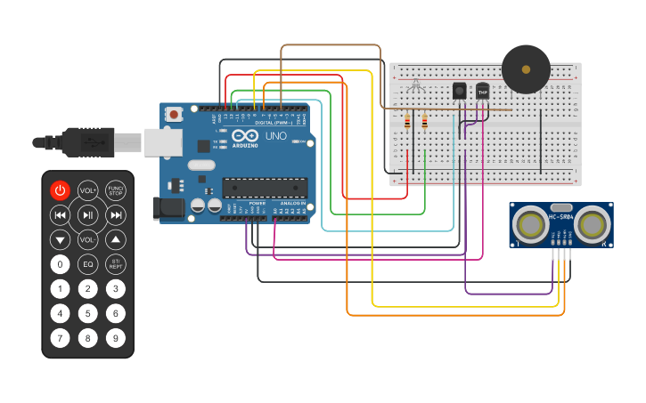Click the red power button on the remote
click(x=60, y=189)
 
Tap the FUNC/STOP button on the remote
click(x=116, y=189)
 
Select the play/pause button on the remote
click(x=87, y=214)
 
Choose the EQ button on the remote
click(x=87, y=264)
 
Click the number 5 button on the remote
click(x=87, y=313)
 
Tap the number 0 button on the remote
click(x=60, y=264)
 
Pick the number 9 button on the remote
click(x=116, y=338)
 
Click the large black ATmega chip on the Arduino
click(x=265, y=188)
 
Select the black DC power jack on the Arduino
click(x=168, y=208)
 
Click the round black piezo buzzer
click(x=526, y=69)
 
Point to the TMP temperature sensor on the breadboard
click(x=483, y=91)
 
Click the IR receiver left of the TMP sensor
click(x=460, y=91)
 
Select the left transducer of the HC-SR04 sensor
click(x=531, y=224)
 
